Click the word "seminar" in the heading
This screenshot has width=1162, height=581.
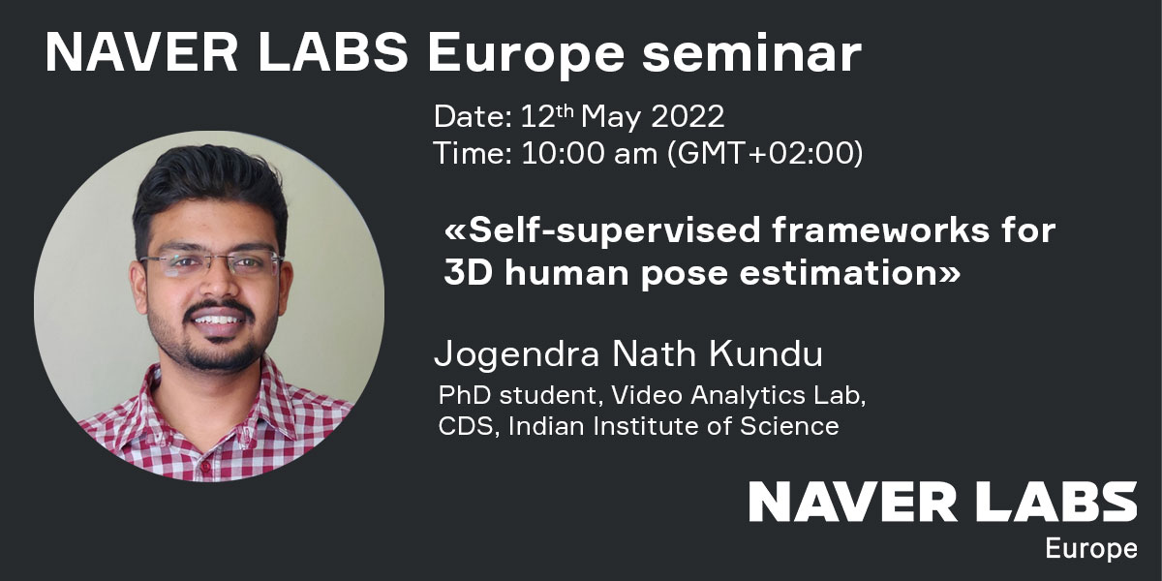751,53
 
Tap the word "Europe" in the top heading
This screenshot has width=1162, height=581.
526,56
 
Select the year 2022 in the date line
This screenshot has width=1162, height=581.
688,116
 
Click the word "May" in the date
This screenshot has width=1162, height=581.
611,118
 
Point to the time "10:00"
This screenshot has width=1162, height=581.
562,153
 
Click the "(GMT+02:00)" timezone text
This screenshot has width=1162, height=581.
765,154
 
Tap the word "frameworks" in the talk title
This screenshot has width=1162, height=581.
881,230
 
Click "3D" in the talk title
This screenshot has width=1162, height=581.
468,273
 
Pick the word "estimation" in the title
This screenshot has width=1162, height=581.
839,273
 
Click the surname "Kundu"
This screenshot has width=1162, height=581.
766,353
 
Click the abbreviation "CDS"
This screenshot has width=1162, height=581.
465,426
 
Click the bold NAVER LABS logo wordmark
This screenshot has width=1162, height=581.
943,502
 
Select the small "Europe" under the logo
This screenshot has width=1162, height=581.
1091,549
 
